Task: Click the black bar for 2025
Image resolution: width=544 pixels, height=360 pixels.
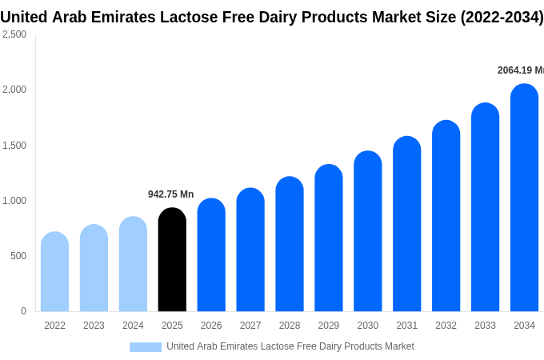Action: pyautogui.click(x=172, y=260)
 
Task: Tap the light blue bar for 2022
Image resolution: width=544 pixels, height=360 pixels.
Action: pyautogui.click(x=54, y=272)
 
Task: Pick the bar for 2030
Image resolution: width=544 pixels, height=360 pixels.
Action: pyautogui.click(x=368, y=231)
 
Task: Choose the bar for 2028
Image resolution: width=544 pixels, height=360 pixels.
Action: pyautogui.click(x=290, y=244)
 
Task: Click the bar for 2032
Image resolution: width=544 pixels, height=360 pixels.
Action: pyautogui.click(x=446, y=216)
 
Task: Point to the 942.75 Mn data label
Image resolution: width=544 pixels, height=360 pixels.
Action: pyautogui.click(x=170, y=194)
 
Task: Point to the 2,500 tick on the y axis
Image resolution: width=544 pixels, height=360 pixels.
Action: pyautogui.click(x=14, y=34)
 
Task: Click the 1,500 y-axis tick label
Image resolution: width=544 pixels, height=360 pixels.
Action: pyautogui.click(x=14, y=146)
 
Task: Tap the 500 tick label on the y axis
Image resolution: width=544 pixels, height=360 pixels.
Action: pyautogui.click(x=18, y=256)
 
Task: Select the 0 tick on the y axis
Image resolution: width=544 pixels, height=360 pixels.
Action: pyautogui.click(x=23, y=311)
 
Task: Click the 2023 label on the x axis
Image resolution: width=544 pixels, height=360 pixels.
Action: pyautogui.click(x=94, y=326)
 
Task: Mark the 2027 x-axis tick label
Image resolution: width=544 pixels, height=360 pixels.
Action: pyautogui.click(x=250, y=326)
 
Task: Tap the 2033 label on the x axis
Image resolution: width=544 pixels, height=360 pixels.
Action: pyautogui.click(x=485, y=326)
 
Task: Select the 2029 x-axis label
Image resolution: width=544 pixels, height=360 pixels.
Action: pyautogui.click(x=329, y=326)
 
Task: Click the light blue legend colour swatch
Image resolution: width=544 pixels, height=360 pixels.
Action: pyautogui.click(x=146, y=346)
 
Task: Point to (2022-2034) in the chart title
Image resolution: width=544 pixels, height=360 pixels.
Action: pyautogui.click(x=502, y=17)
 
